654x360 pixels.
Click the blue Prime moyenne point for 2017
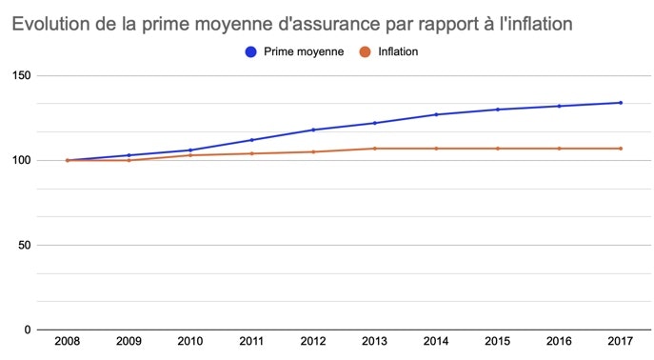[621, 103]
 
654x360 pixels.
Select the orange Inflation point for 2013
[374, 149]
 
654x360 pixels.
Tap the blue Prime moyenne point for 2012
[313, 130]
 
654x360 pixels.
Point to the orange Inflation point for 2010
[190, 155]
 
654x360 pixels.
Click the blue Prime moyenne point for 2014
[436, 114]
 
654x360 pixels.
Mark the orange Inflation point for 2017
[621, 149]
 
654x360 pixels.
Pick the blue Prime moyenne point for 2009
[129, 155]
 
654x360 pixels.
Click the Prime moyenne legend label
[304, 51]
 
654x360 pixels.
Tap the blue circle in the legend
[251, 51]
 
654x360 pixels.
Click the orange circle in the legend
[364, 51]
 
